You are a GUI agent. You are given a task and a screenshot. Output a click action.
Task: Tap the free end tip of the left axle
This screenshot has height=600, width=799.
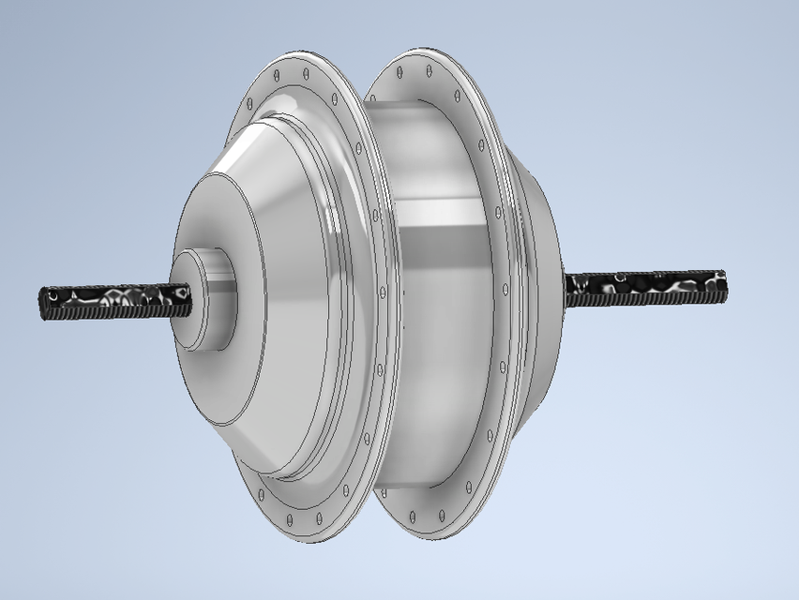point(44,304)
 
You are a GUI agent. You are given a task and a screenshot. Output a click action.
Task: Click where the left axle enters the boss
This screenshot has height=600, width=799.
point(190,298)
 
